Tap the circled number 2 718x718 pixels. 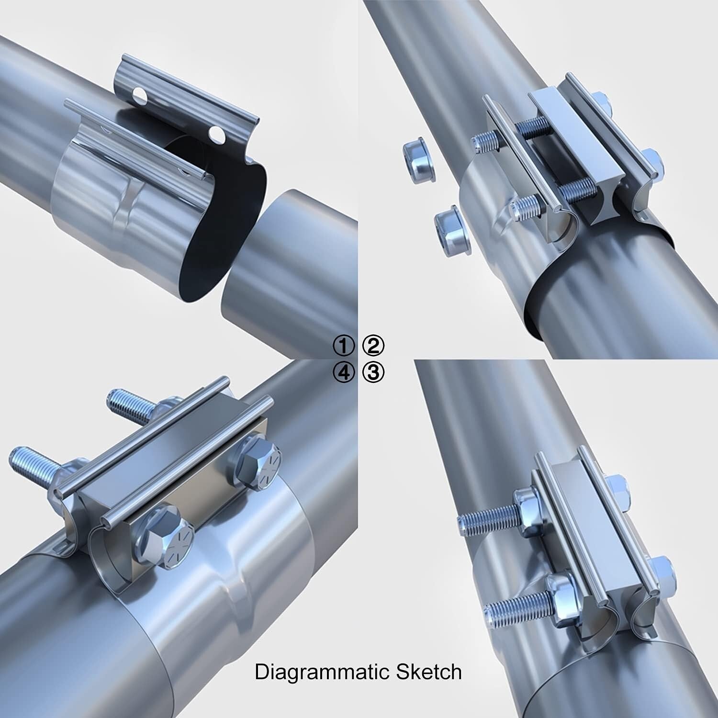373,346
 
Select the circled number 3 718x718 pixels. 373,372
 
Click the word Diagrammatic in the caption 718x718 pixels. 321,672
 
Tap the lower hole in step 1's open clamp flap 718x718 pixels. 218,134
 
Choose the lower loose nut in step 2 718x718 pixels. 452,227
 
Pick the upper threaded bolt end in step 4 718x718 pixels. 125,401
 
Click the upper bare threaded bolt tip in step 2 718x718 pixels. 483,140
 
